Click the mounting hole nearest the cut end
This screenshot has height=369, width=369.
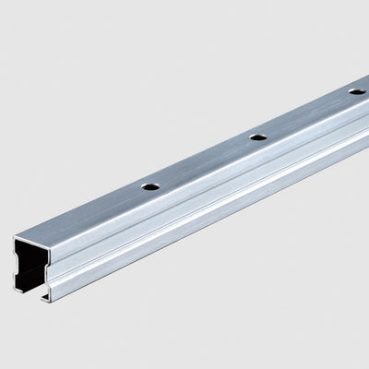(x=150, y=186)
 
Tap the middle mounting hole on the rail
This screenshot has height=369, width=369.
(x=258, y=137)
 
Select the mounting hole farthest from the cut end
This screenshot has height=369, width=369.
(x=355, y=91)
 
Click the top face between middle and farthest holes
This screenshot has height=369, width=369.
(x=307, y=114)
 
